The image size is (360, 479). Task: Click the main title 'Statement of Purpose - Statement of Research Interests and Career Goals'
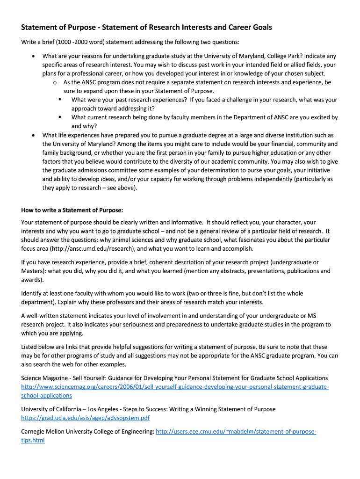pyautogui.click(x=146, y=28)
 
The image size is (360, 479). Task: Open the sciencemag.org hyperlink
pyautogui.click(x=175, y=387)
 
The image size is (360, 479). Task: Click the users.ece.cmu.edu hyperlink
pyautogui.click(x=236, y=431)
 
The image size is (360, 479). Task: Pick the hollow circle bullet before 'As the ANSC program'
pyautogui.click(x=55, y=82)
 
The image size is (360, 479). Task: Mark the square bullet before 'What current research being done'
pyautogui.click(x=60, y=117)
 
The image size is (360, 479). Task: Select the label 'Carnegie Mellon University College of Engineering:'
pyautogui.click(x=87, y=431)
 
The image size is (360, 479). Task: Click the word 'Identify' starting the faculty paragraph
pyautogui.click(x=32, y=293)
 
